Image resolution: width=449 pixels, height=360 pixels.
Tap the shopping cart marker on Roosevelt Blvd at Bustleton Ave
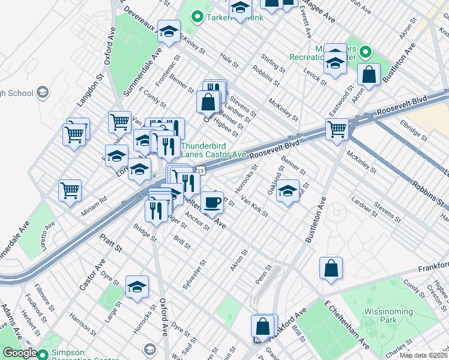pos(337,128)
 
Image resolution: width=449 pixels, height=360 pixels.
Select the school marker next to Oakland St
pos(288,191)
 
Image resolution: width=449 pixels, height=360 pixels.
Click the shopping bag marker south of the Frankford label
pos(331,268)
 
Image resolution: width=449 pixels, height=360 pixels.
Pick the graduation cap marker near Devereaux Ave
pos(169,31)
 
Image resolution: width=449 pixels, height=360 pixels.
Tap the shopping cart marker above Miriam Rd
pos(70,191)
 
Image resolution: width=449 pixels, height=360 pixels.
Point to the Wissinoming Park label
pos(388,316)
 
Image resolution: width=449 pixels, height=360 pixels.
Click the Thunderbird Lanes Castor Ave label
pos(213,150)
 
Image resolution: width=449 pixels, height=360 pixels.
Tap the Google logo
pos(20,353)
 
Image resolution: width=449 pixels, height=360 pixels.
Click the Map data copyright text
pos(424,355)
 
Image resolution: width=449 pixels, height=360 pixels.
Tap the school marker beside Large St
pos(137,287)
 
